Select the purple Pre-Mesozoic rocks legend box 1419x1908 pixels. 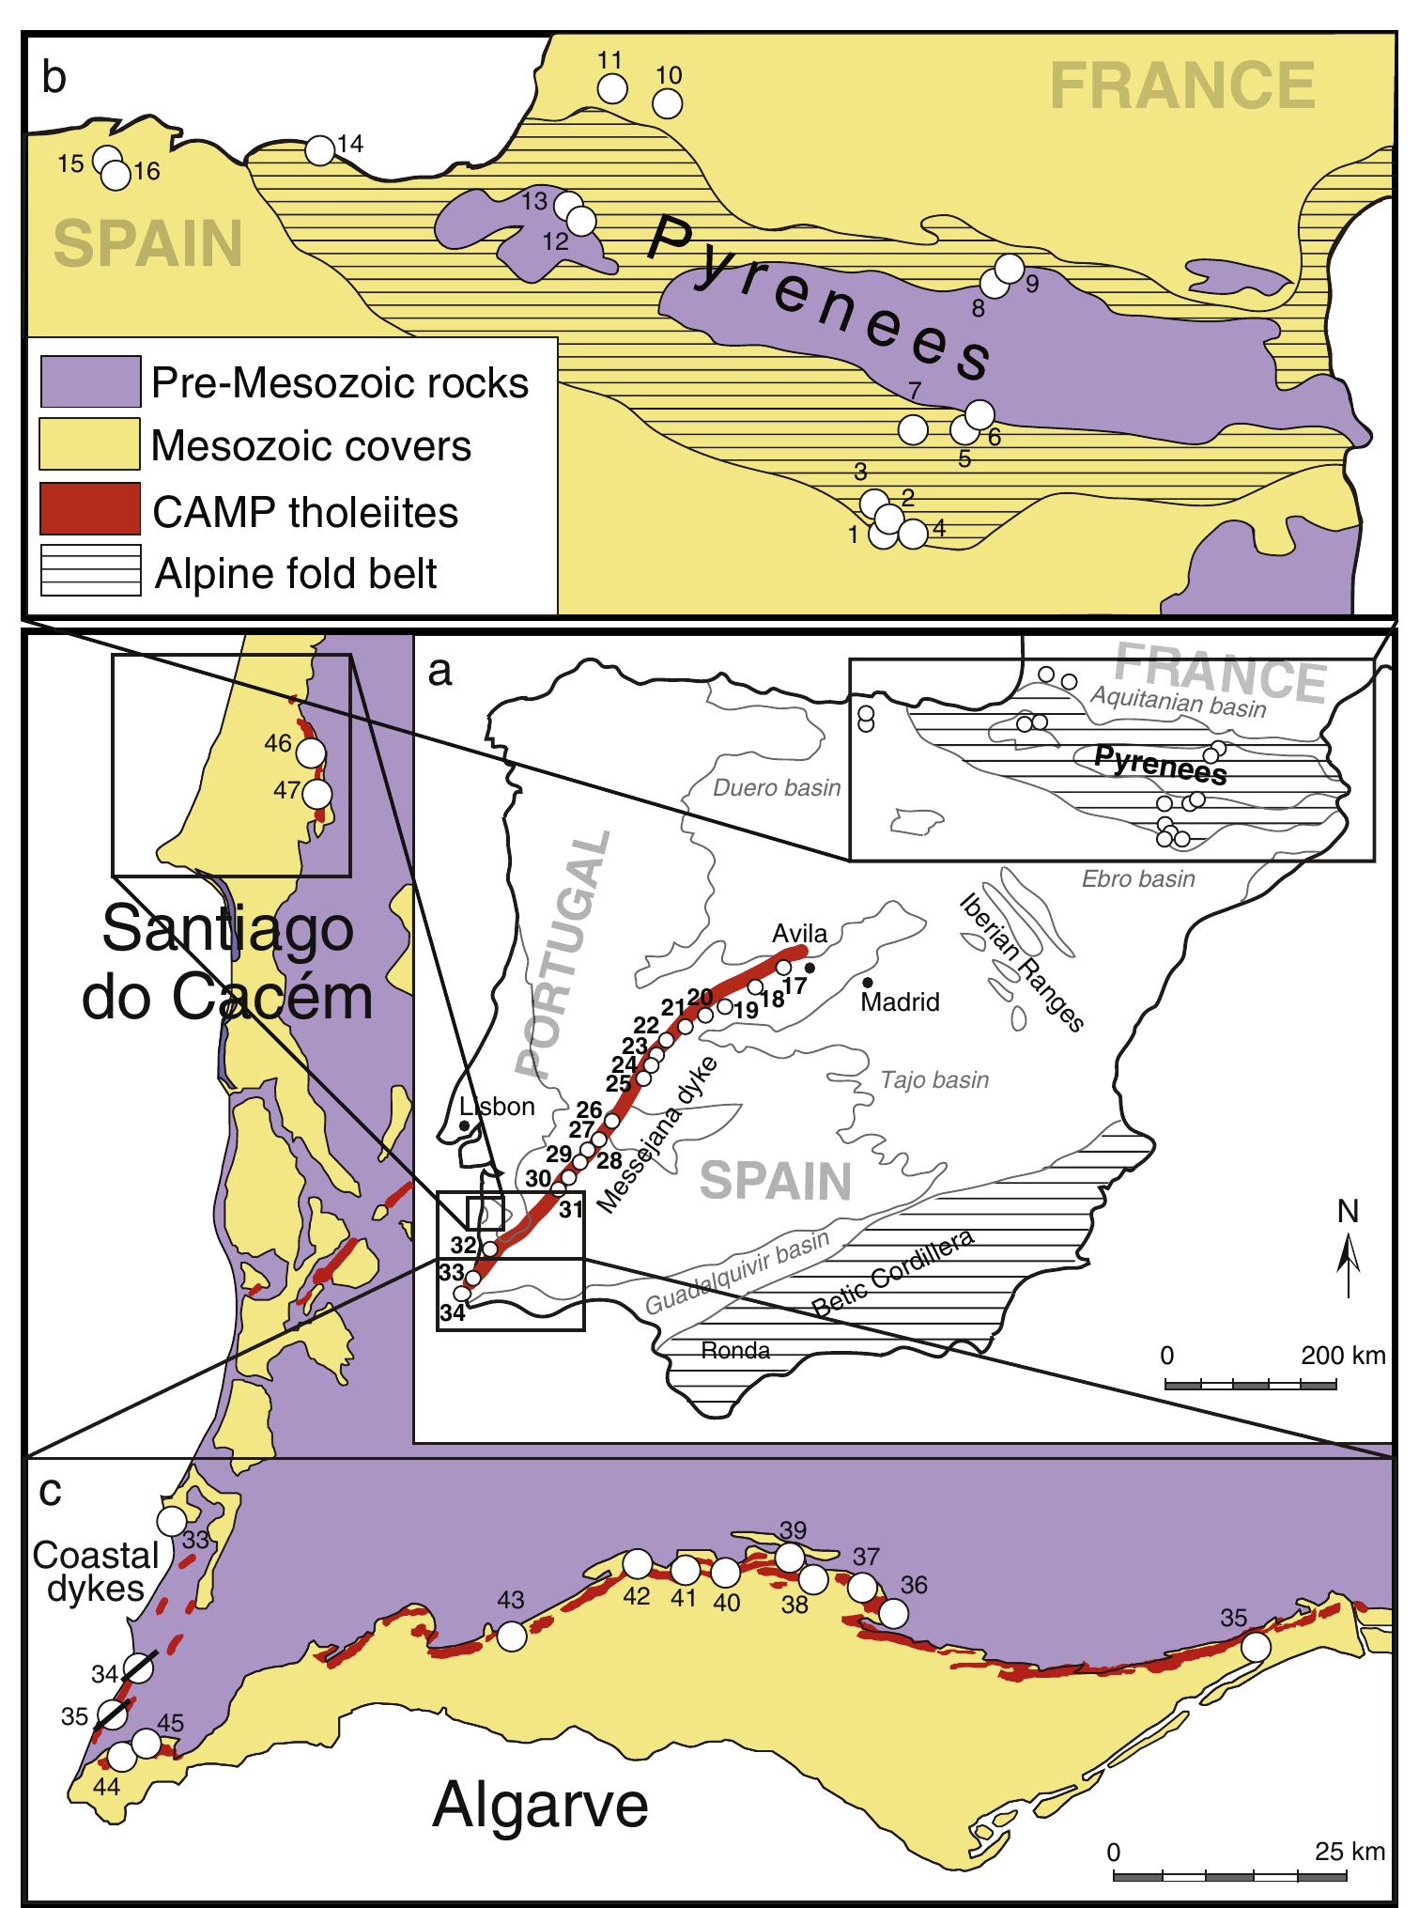pos(89,381)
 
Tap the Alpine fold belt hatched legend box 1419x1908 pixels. pos(89,571)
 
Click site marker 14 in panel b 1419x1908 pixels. pos(320,149)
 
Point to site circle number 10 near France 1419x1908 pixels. pos(667,103)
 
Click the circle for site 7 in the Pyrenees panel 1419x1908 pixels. pos(913,429)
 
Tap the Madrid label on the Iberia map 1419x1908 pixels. pos(900,1001)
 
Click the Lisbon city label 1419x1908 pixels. pos(497,1106)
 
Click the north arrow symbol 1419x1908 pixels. pos(1349,1259)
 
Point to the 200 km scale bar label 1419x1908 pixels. pos(1343,1355)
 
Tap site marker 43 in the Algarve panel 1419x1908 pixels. pos(511,1636)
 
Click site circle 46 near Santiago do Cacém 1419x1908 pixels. pos(310,752)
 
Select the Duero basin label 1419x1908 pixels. pos(776,787)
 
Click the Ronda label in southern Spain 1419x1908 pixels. pos(736,1350)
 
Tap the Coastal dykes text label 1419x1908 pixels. pos(96,1573)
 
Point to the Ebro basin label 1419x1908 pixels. pos(1138,878)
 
